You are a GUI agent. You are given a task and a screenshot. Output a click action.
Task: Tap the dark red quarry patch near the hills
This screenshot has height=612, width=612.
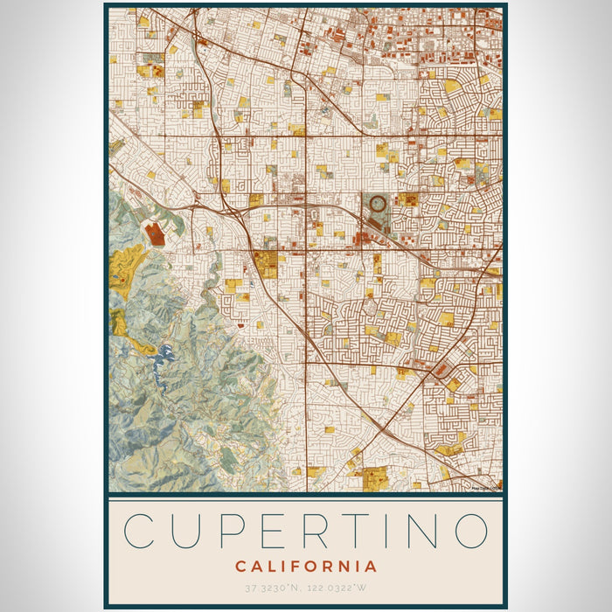coord(154,233)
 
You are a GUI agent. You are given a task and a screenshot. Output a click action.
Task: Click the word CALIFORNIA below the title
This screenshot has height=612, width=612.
coord(306,567)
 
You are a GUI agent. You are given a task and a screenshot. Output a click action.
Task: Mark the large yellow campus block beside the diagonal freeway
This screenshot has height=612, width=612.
coord(267,264)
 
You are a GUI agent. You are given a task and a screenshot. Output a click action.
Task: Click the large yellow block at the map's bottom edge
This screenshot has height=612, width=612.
coord(374,479)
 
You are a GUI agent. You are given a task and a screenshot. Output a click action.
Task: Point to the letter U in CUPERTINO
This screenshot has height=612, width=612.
coord(186,531)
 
